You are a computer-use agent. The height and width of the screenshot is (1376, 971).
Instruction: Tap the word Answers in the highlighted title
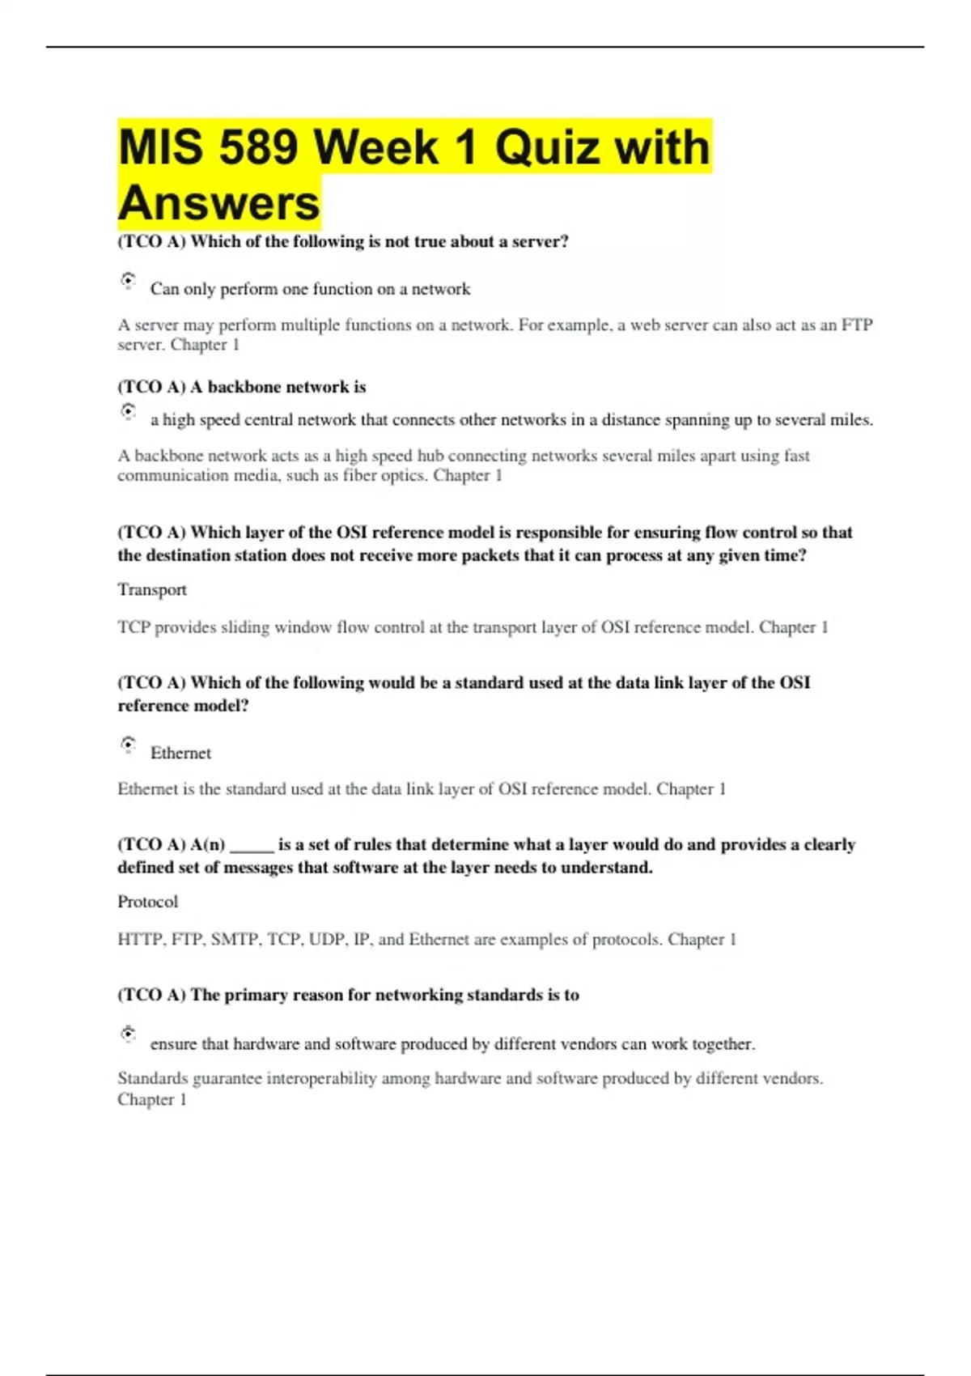(x=219, y=202)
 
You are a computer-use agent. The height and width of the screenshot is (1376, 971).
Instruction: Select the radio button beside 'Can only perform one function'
(x=128, y=281)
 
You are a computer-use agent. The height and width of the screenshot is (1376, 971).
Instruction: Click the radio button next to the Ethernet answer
(x=128, y=744)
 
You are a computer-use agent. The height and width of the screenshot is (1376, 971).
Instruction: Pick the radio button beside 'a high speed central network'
(x=128, y=411)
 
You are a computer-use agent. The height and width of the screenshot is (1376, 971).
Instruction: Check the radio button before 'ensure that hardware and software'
(x=128, y=1034)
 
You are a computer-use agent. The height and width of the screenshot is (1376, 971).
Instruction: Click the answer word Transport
(x=152, y=589)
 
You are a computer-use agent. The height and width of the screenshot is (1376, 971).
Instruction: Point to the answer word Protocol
(x=147, y=902)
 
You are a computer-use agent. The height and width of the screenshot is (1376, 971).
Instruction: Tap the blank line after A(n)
(x=252, y=846)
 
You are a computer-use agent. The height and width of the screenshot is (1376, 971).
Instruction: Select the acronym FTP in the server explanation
(x=857, y=325)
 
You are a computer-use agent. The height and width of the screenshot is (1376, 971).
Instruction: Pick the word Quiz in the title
(x=548, y=148)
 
